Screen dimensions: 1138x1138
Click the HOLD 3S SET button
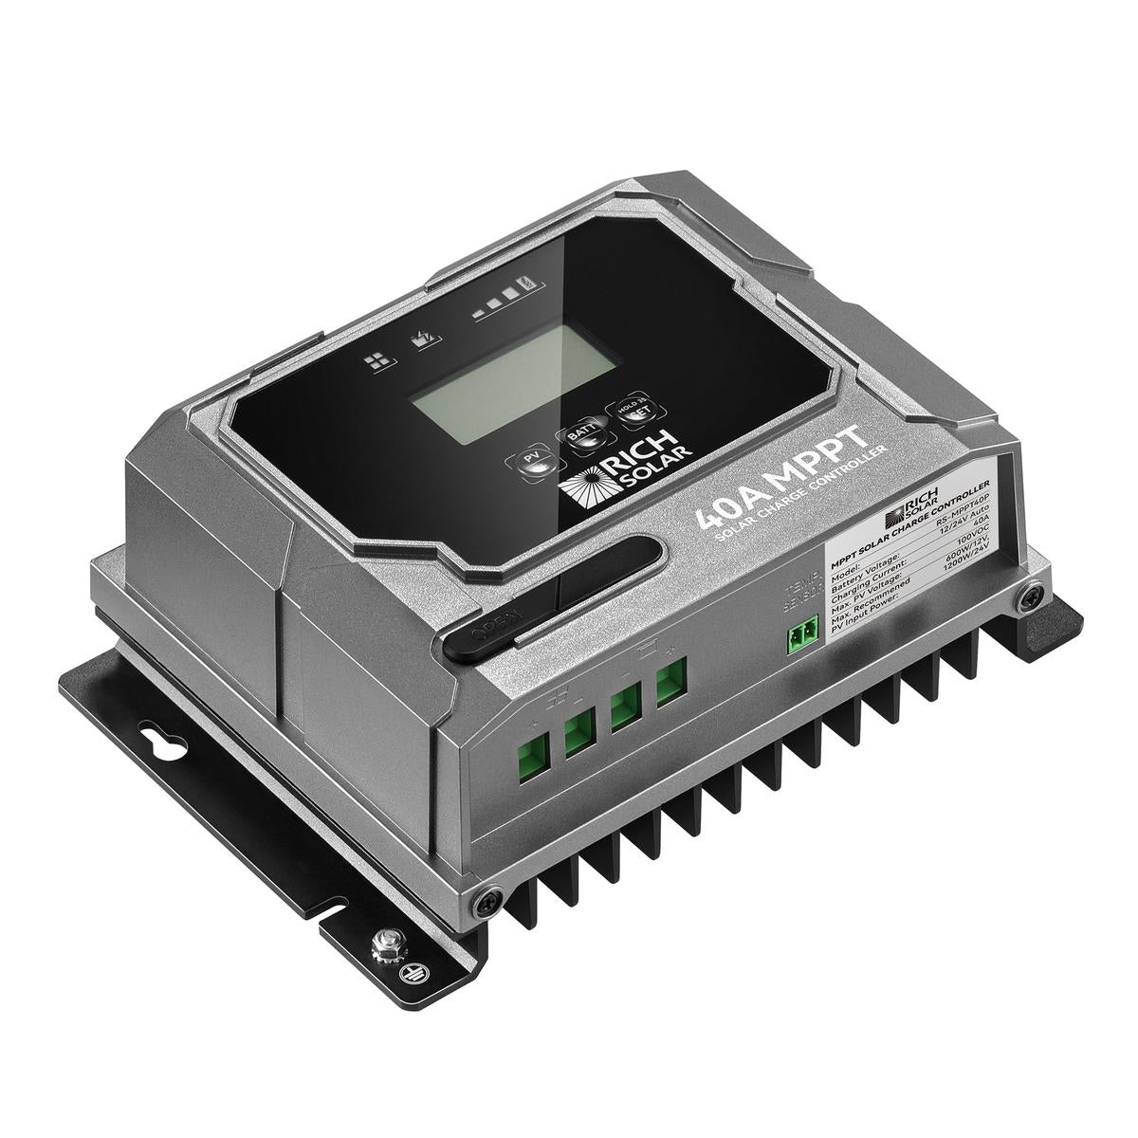(632, 408)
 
